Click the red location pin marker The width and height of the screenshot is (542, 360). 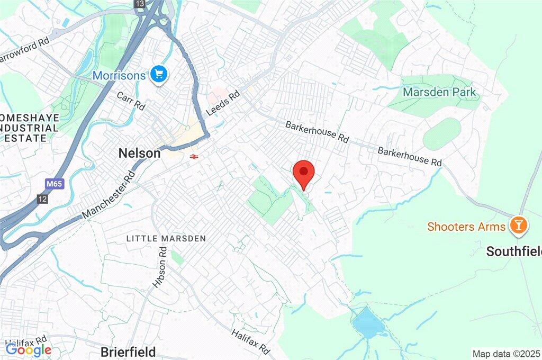coord(304,173)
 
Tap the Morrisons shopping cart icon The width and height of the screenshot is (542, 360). coord(158,75)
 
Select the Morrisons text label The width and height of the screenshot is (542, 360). coord(119,76)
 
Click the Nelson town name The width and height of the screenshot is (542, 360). coord(139,154)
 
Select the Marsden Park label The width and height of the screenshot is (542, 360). coord(439,92)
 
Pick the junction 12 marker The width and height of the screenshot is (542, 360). coord(42,199)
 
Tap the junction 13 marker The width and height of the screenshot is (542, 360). coord(140,4)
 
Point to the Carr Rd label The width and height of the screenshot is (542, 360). coord(131,101)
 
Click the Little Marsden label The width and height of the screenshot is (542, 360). coord(166,239)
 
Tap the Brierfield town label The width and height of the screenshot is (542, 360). coord(128,352)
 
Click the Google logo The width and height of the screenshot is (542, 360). coord(29,349)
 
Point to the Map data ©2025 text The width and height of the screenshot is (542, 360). coord(506,353)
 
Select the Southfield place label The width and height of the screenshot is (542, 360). coord(514,251)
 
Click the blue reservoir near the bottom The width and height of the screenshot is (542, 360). coord(368,322)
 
